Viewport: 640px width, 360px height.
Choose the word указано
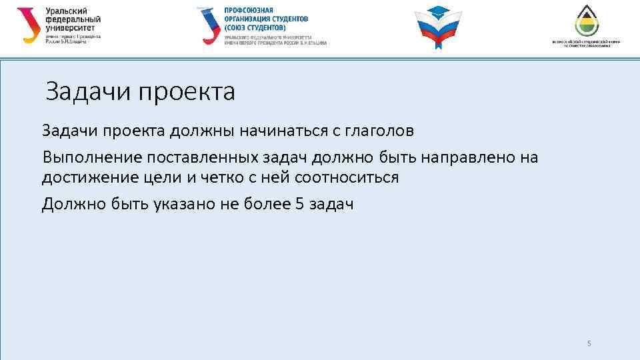(177, 204)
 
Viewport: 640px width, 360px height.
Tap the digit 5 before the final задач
(298, 204)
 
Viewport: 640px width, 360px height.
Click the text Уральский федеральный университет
(74, 20)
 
